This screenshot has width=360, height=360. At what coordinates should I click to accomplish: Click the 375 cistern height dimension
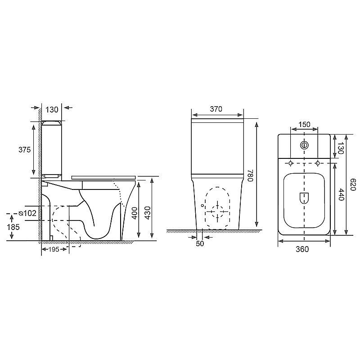coord(25,150)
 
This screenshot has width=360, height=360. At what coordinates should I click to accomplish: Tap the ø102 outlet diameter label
coord(27,213)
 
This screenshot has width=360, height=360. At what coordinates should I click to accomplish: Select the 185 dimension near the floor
coord(13,227)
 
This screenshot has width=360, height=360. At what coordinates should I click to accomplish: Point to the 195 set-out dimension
coord(54,249)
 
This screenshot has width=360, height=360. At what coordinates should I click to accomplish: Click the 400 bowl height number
coord(135,213)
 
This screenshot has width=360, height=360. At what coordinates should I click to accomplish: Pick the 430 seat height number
coord(148,213)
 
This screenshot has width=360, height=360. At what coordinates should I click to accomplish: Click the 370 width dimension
coord(216,109)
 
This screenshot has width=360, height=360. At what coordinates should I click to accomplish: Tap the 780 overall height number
coord(250,175)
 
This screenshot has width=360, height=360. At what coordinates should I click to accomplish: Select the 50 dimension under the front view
coord(200,243)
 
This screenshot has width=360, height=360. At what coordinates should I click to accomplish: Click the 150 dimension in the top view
coord(304,125)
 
